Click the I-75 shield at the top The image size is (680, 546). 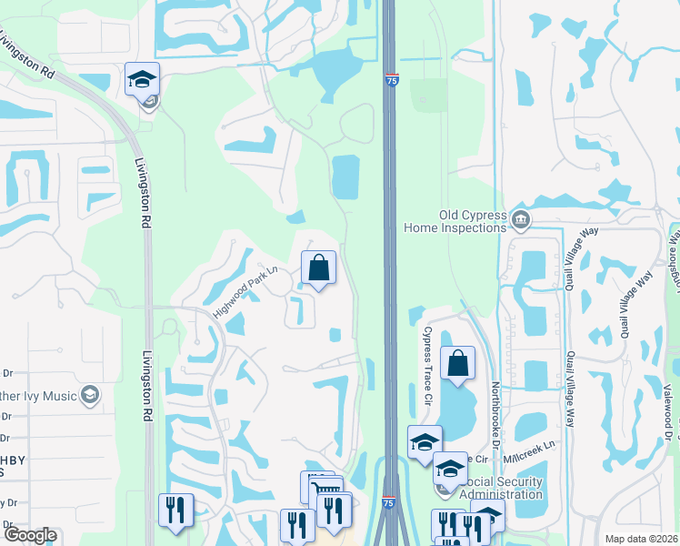391,81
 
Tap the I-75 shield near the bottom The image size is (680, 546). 389,502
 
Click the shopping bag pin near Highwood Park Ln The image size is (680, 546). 318,268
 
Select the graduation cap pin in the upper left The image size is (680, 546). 142,79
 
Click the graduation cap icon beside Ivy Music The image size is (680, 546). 89,395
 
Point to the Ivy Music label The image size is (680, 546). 41,395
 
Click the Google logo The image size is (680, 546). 29,535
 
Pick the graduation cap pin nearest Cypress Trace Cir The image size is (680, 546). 425,442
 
